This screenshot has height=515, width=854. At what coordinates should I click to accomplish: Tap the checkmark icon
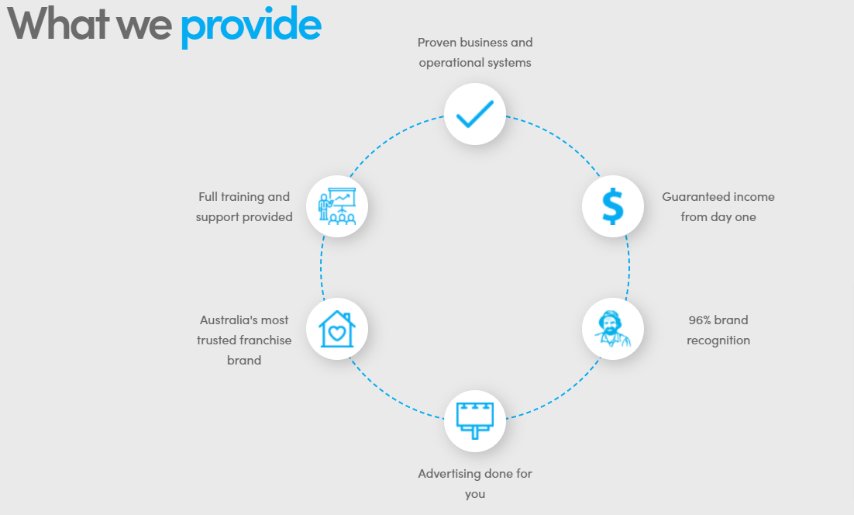[x=474, y=114]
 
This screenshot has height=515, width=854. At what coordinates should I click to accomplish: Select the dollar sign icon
[x=612, y=206]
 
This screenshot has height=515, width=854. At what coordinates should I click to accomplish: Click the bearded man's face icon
[x=612, y=329]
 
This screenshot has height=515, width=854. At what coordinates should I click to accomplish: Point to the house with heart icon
[x=336, y=329]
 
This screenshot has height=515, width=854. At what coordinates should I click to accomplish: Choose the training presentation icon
[x=336, y=206]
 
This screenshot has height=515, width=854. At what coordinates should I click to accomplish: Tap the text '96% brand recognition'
[x=718, y=330]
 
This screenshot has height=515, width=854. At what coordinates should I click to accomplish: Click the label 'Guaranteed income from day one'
[x=718, y=207]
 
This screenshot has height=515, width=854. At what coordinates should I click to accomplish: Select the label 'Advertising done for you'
[x=475, y=483]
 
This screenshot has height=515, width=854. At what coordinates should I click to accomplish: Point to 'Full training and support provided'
[x=244, y=207]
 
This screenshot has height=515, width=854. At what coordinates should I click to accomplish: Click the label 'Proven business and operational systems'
[x=475, y=52]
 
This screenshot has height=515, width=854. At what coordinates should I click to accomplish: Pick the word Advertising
[x=449, y=473]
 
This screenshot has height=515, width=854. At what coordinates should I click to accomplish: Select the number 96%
[x=700, y=320]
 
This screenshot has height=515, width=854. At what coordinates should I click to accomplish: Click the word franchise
[x=266, y=340]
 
